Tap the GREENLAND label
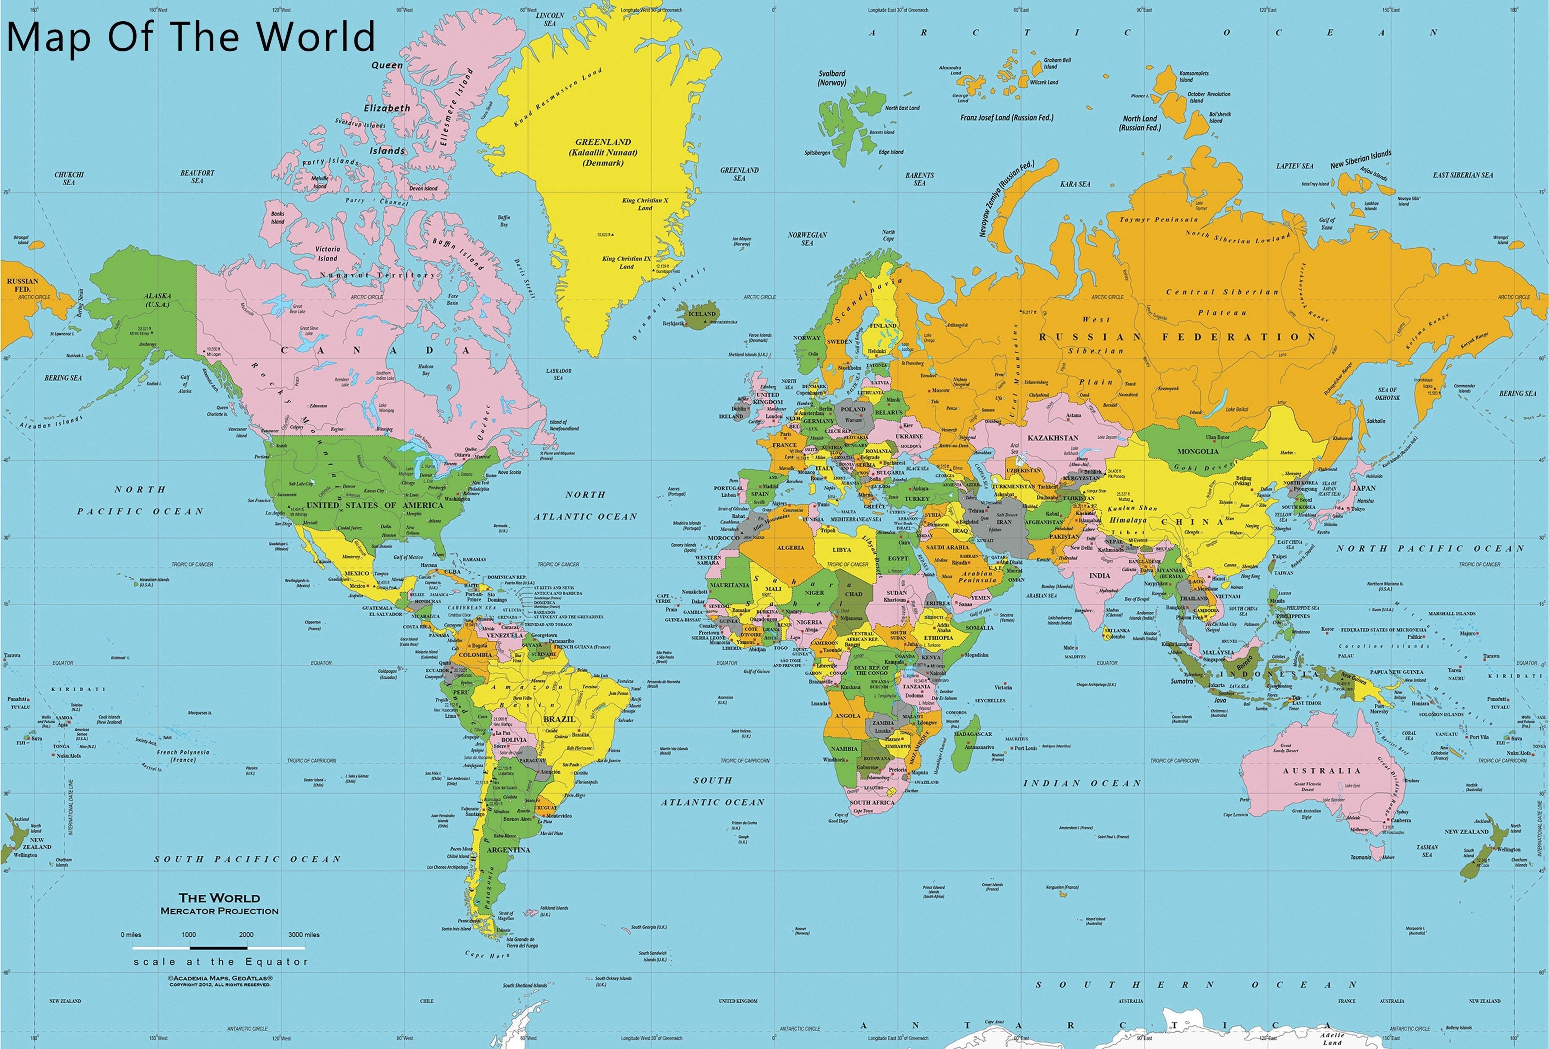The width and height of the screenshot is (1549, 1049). [603, 142]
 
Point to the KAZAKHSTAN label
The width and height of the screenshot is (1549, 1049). [1053, 438]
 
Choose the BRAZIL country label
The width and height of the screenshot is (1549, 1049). [558, 719]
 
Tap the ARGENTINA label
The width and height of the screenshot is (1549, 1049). [508, 850]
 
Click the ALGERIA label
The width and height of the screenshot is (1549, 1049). [790, 548]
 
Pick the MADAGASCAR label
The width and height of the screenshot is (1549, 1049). [973, 734]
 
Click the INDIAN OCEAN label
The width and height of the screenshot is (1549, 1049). [1082, 783]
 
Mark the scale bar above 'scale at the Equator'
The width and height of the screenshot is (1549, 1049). [219, 947]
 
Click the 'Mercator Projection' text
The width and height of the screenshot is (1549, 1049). [219, 911]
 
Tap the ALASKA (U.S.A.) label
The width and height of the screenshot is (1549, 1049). [158, 300]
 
